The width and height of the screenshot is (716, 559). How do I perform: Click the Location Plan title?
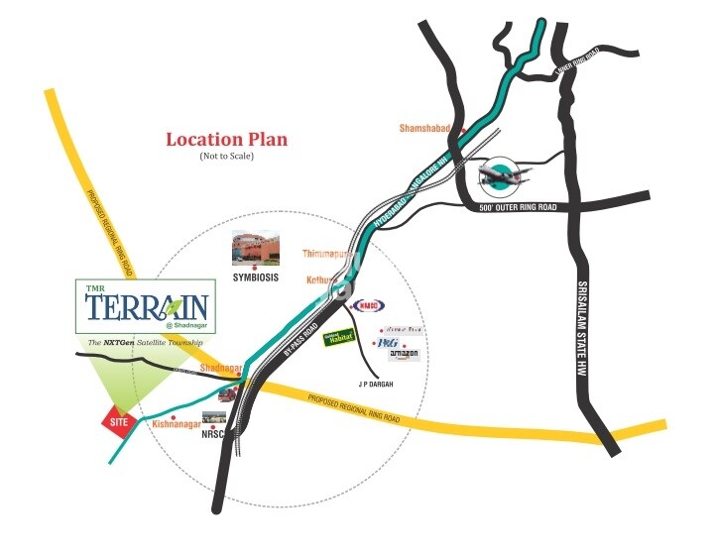(x=226, y=140)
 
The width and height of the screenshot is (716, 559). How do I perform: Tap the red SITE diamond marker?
(x=119, y=421)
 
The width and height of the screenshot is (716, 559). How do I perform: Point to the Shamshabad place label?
(x=425, y=129)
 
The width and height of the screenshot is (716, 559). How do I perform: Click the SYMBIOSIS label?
(x=256, y=279)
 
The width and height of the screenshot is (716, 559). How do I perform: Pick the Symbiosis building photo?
(x=255, y=247)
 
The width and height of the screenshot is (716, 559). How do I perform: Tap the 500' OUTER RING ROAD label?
(x=518, y=206)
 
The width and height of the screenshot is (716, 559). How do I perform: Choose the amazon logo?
(x=404, y=354)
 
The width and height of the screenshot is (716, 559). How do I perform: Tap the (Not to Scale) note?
(x=226, y=157)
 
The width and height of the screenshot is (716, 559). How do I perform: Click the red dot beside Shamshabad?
(x=461, y=130)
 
